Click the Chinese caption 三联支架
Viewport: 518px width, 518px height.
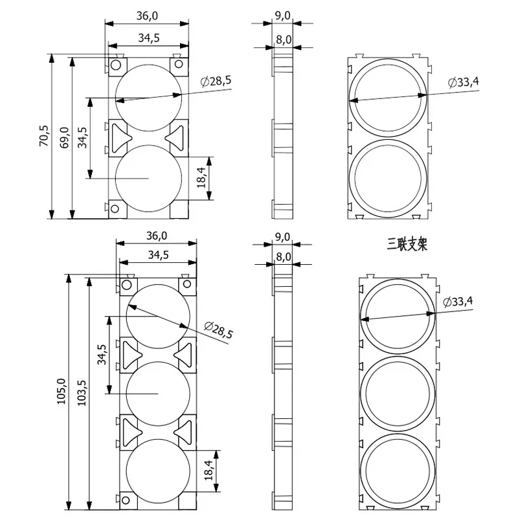(x=407, y=244)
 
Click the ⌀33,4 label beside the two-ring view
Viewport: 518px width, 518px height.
(x=464, y=82)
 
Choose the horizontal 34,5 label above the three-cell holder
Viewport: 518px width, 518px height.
(x=159, y=255)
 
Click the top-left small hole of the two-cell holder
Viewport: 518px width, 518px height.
(x=115, y=65)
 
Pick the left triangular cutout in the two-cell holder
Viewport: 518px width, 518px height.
(x=120, y=137)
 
